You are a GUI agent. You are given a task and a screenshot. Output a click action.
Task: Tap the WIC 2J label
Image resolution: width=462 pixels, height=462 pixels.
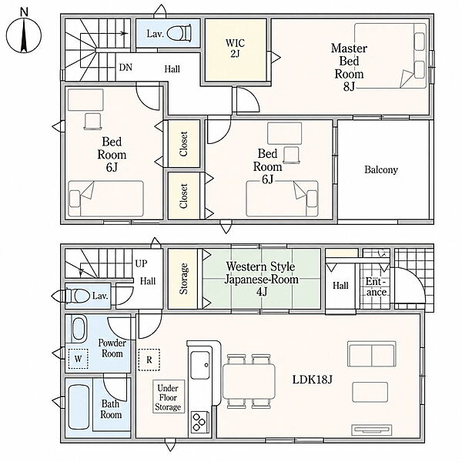click(x=235, y=49)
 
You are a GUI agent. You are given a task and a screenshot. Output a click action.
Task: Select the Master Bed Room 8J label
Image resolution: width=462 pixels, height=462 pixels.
click(x=349, y=67)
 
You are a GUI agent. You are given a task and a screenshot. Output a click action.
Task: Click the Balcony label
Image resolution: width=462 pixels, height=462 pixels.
click(x=381, y=169)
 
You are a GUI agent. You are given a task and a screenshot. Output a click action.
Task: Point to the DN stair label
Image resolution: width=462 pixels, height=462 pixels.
click(x=126, y=68)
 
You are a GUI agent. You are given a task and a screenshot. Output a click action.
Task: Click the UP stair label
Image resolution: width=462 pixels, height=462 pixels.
click(x=141, y=263)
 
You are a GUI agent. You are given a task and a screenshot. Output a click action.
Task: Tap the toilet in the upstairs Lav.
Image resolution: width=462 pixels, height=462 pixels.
click(x=179, y=32)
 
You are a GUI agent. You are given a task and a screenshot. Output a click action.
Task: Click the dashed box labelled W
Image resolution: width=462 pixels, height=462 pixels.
click(x=78, y=359)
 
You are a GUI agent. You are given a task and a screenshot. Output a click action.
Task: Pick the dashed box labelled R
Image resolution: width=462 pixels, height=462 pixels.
click(x=149, y=360)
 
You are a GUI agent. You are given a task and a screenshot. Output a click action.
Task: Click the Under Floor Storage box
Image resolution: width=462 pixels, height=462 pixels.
click(x=168, y=397)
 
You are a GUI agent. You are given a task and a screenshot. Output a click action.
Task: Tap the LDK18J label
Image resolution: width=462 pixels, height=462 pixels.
click(x=313, y=380)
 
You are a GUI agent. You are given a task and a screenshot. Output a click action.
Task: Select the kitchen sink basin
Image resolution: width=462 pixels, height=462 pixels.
click(x=200, y=365)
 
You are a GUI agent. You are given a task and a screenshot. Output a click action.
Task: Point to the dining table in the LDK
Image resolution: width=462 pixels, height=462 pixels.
click(x=249, y=381)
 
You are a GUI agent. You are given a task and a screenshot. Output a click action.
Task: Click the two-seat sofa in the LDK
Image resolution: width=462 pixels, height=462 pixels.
click(x=372, y=354)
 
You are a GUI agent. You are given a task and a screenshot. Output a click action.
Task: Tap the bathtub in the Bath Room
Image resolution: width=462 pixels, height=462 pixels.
click(x=79, y=407)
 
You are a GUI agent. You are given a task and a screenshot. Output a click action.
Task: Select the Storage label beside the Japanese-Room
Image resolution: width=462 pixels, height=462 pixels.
click(x=183, y=279)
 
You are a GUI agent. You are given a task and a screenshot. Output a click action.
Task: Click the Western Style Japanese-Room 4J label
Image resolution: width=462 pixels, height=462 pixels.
click(x=261, y=279)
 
